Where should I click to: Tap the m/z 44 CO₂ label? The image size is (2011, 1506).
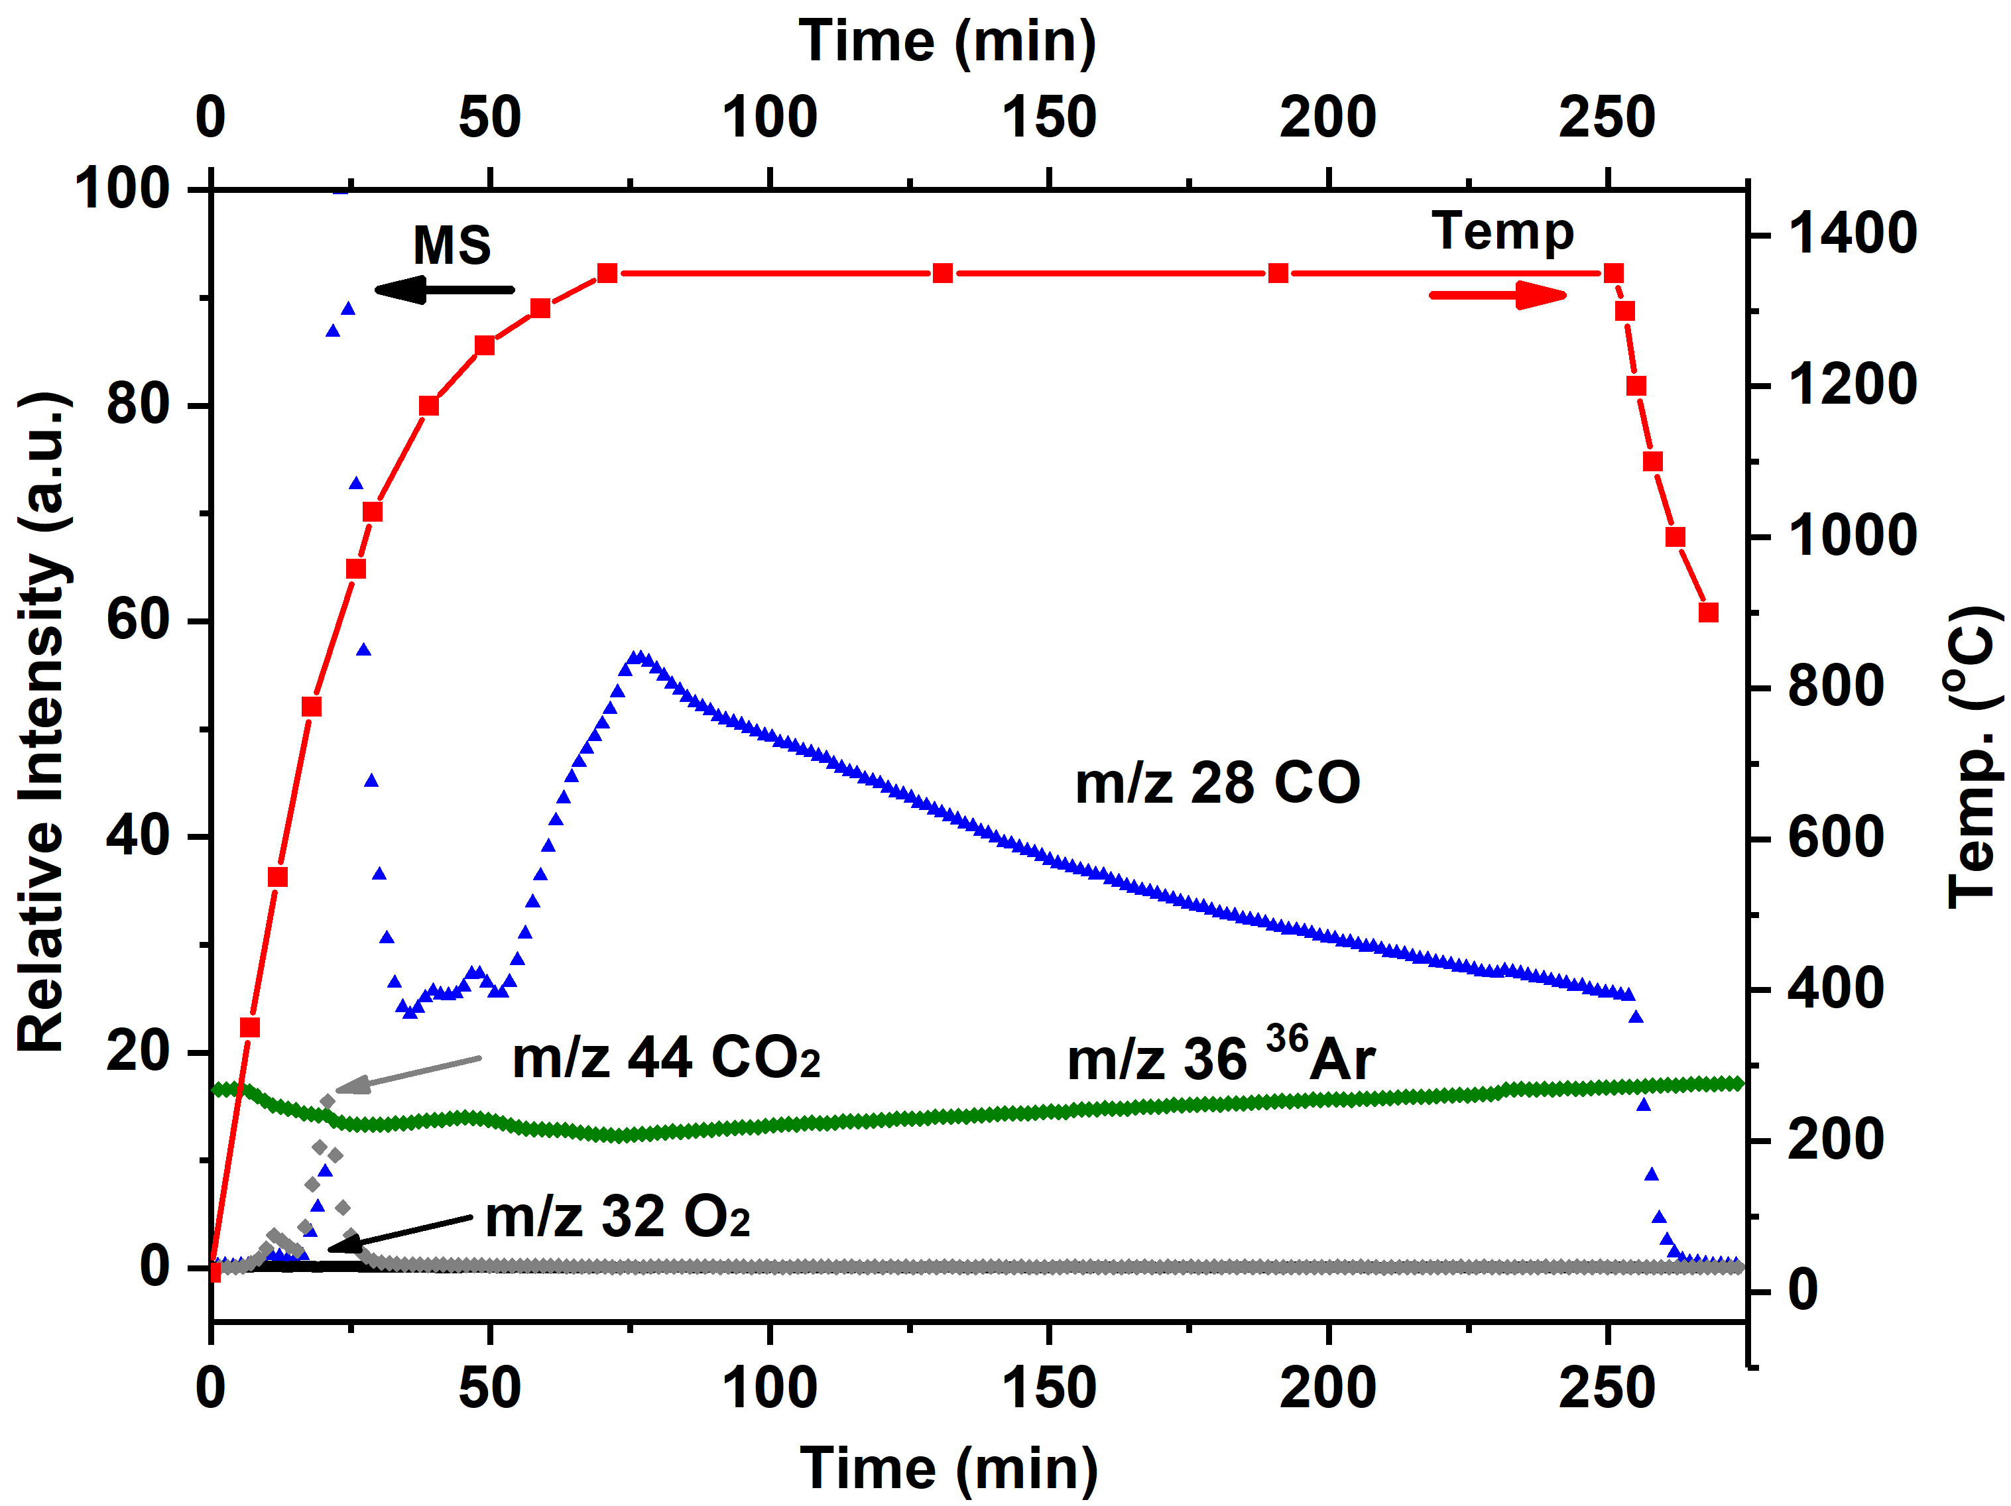pos(666,1058)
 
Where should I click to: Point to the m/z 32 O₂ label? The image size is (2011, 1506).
pos(617,1218)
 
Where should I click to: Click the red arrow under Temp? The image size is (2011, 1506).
pos(1497,294)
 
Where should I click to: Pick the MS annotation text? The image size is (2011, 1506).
pos(452,245)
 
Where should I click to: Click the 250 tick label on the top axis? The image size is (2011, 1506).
pos(1607,118)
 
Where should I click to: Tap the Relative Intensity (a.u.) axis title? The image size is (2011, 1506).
pos(42,723)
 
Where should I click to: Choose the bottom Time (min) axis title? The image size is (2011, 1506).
pos(949,1469)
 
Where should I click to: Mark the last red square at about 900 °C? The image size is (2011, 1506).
pos(1708,612)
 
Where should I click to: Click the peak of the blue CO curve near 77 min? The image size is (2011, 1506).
pos(640,656)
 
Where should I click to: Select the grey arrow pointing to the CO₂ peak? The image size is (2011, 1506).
pos(408,1073)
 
